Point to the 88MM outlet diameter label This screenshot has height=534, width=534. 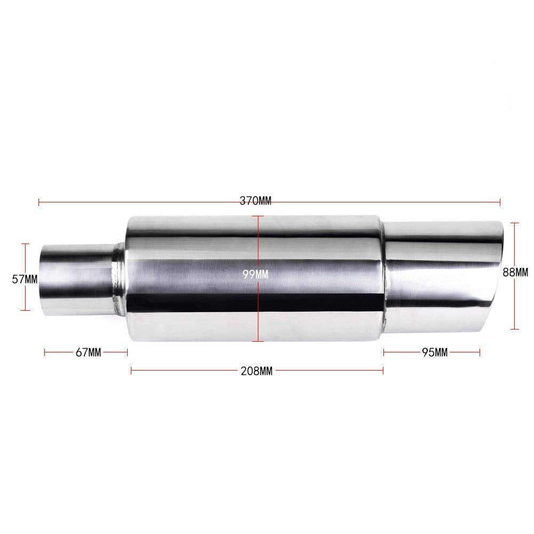click(x=515, y=272)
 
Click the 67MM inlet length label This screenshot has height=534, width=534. click(x=88, y=352)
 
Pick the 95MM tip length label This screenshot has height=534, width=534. click(x=434, y=352)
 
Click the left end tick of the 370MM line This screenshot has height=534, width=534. click(x=40, y=202)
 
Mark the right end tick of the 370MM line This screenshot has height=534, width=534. click(x=500, y=202)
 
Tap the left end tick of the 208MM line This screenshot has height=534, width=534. click(x=131, y=370)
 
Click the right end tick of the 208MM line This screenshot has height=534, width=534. click(x=383, y=370)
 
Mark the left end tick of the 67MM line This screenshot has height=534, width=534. click(x=45, y=352)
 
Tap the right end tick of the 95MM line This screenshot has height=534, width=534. click(x=480, y=352)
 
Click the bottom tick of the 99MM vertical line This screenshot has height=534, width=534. click(x=258, y=341)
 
